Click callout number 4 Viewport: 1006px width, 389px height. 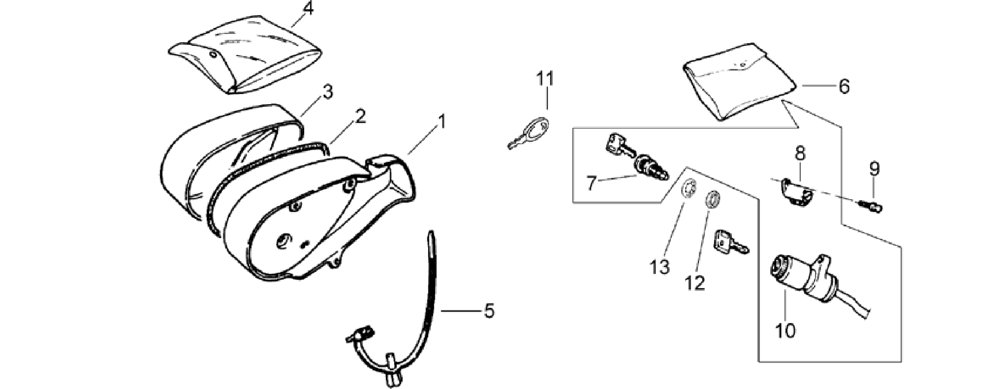click(308, 9)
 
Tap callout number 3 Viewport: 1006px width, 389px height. click(327, 91)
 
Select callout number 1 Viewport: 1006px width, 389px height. click(441, 121)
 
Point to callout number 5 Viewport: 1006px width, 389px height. click(489, 311)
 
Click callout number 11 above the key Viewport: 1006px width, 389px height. click(545, 79)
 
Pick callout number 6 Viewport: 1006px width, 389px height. click(844, 87)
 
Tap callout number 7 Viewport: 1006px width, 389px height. click(592, 183)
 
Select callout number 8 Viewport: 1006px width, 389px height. click(800, 153)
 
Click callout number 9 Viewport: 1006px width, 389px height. click(874, 169)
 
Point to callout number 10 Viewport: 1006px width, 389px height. click(786, 330)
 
